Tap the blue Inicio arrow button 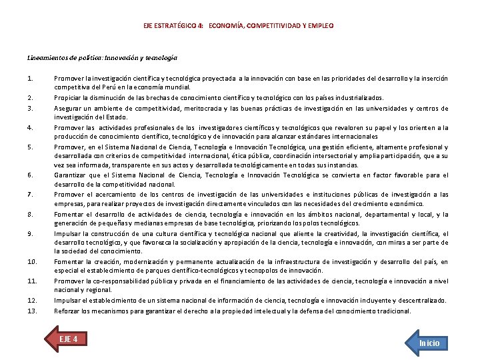pos(427,343)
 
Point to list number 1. pos(31,79)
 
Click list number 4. pos(31,127)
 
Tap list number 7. pos(31,194)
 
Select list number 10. pos(32,262)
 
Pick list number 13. pos(32,311)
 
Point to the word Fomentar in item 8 pos(68,215)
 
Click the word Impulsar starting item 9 pos(67,233)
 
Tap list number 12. pos(32,301)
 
